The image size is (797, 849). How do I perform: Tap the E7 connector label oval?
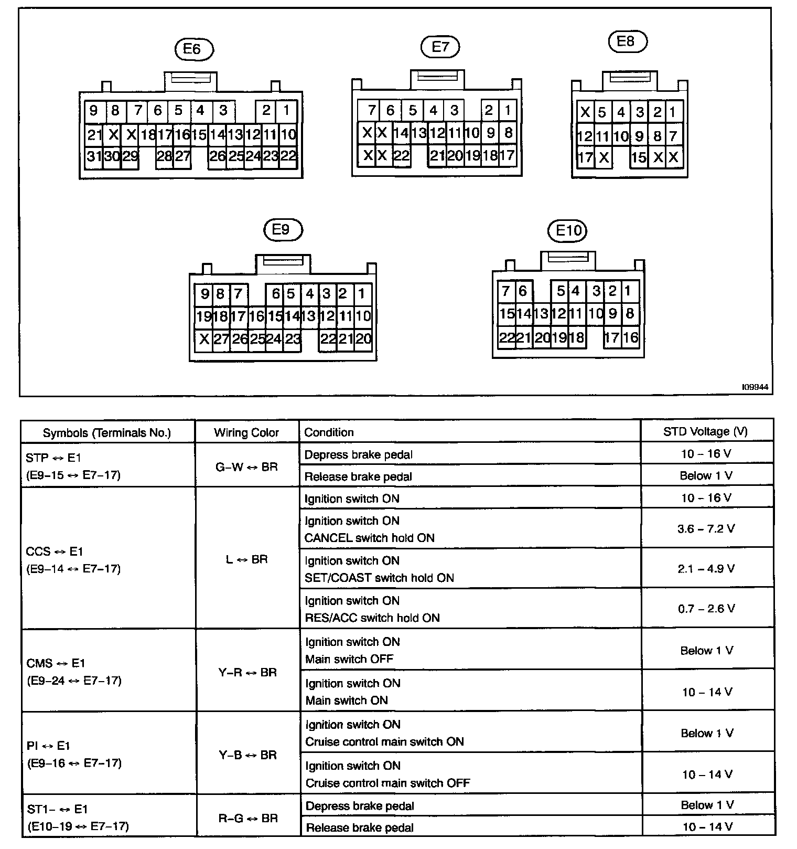click(440, 47)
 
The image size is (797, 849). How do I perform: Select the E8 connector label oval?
click(627, 41)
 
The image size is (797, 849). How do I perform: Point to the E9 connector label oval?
click(283, 230)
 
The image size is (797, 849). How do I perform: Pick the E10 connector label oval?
click(568, 230)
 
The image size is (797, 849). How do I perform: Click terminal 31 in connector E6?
click(94, 156)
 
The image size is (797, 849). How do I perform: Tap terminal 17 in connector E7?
click(507, 155)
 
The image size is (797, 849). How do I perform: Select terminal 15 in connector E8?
click(639, 157)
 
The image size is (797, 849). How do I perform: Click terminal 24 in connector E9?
click(274, 339)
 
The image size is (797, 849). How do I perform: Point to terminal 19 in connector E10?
click(559, 337)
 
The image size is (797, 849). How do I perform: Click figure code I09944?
click(755, 387)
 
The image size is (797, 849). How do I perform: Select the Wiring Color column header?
click(246, 432)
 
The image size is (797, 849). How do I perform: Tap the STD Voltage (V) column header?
click(705, 431)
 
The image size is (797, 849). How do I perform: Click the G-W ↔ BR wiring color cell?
click(246, 466)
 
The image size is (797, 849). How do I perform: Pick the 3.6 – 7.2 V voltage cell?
click(706, 528)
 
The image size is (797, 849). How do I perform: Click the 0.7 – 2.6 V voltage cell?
click(706, 609)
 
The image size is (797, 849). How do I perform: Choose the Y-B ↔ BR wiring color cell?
click(247, 755)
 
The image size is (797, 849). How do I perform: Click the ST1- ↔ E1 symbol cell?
click(77, 818)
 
